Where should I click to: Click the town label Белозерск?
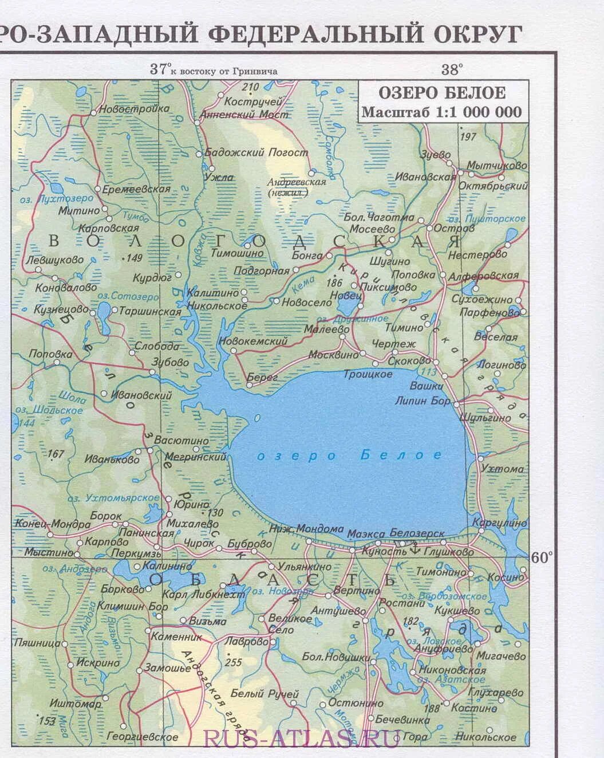click(x=417, y=533)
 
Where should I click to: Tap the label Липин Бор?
click(x=423, y=401)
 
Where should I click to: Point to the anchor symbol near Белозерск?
click(x=414, y=548)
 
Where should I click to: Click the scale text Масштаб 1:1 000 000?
click(x=441, y=112)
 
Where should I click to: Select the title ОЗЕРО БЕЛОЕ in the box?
click(x=441, y=92)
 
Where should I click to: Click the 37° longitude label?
click(x=160, y=70)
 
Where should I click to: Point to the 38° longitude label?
click(x=451, y=70)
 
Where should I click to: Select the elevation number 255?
click(x=234, y=662)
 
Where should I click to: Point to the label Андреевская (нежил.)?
click(x=297, y=187)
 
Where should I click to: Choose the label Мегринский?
click(x=196, y=457)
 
